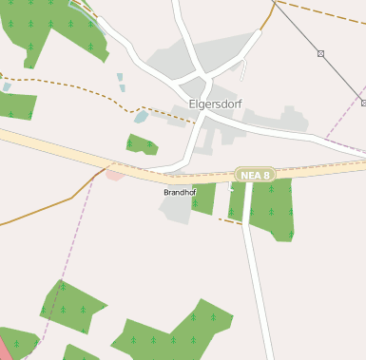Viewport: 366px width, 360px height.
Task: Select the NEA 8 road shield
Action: pyautogui.click(x=255, y=175)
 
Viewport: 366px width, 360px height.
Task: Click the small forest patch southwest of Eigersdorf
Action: pyautogui.click(x=142, y=144)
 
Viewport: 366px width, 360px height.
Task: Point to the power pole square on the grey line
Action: pyautogui.click(x=320, y=54)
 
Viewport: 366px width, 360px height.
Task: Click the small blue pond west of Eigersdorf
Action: pyautogui.click(x=142, y=118)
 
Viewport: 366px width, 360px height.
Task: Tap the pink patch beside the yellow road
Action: pyautogui.click(x=115, y=174)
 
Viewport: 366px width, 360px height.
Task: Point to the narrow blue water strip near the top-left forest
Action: pyautogui.click(x=121, y=82)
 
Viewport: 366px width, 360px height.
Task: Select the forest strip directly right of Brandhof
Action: pyautogui.click(x=203, y=199)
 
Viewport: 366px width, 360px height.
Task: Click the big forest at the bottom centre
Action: pyautogui.click(x=171, y=332)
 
